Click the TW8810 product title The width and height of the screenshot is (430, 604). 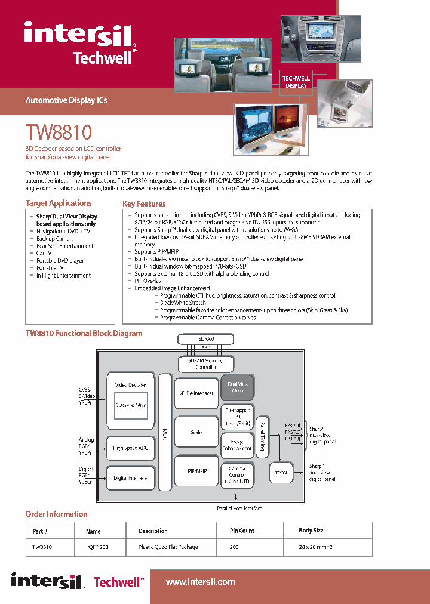click(x=59, y=132)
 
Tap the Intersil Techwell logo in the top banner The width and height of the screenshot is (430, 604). click(x=81, y=42)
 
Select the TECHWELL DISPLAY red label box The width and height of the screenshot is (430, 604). click(x=296, y=82)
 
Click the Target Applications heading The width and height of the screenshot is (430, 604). click(x=58, y=203)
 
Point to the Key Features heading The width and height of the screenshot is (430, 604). click(x=144, y=204)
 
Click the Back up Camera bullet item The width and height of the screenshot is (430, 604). click(x=55, y=239)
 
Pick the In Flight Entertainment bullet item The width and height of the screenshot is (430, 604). click(x=63, y=276)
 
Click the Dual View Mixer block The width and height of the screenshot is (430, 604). click(x=237, y=387)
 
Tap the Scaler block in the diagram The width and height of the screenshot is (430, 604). click(x=196, y=432)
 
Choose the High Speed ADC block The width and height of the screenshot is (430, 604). click(x=130, y=448)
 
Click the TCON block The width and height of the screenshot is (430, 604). click(x=281, y=472)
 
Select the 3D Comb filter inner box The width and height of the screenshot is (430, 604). click(x=130, y=405)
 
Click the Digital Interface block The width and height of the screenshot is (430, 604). click(x=130, y=478)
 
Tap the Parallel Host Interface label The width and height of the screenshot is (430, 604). click(x=239, y=509)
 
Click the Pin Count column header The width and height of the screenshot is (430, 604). click(x=242, y=531)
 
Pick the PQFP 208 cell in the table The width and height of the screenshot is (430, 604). click(x=97, y=547)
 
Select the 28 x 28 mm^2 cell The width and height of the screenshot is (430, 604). click(x=311, y=547)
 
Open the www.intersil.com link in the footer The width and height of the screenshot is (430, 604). click(x=200, y=582)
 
